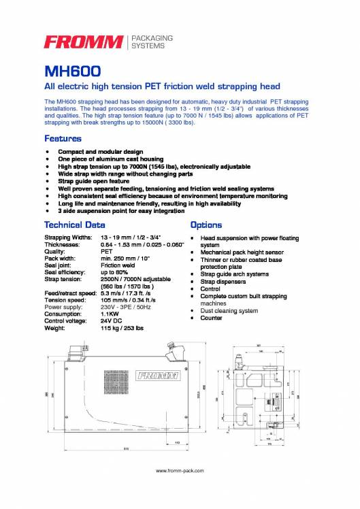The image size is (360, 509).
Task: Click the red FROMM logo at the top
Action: [x=84, y=43]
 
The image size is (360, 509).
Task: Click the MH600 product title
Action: [x=73, y=71]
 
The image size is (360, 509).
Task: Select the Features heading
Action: [x=67, y=138]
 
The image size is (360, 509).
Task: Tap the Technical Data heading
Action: [x=74, y=224]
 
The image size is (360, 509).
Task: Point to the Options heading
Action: [x=206, y=224]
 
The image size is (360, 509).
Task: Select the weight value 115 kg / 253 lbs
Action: [x=122, y=328]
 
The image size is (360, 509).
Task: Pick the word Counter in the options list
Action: [x=212, y=318]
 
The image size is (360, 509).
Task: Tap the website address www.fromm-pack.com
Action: [x=180, y=470]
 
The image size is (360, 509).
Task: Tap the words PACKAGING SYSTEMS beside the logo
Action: [x=152, y=42]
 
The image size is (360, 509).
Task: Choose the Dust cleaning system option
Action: [x=229, y=310]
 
